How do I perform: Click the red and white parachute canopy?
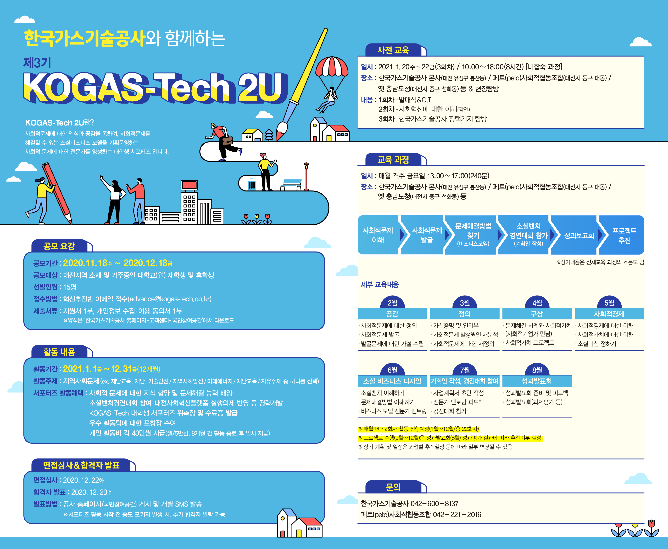pos(332,66)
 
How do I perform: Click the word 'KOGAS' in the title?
pos(84,87)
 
